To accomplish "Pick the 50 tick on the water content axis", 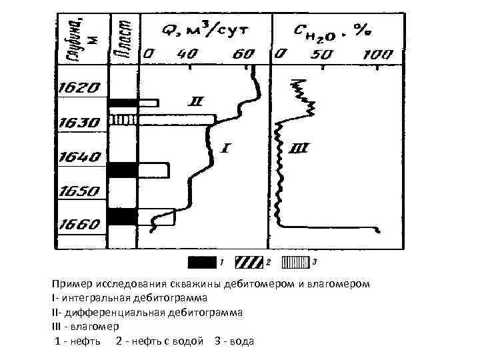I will (327, 53).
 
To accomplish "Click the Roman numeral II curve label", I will (197, 102).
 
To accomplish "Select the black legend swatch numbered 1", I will (202, 259).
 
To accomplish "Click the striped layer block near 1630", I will (123, 120).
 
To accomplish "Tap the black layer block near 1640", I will (123, 170).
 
